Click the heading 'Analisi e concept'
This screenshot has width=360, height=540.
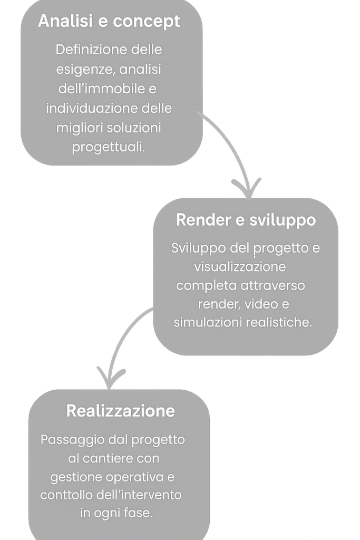click(109, 22)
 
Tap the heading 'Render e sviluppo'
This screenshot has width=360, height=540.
click(246, 220)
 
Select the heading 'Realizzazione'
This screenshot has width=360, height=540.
click(121, 411)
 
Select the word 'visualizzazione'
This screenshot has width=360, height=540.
click(240, 266)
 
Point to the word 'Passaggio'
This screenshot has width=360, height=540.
click(66, 440)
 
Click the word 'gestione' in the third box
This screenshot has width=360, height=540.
click(74, 477)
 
